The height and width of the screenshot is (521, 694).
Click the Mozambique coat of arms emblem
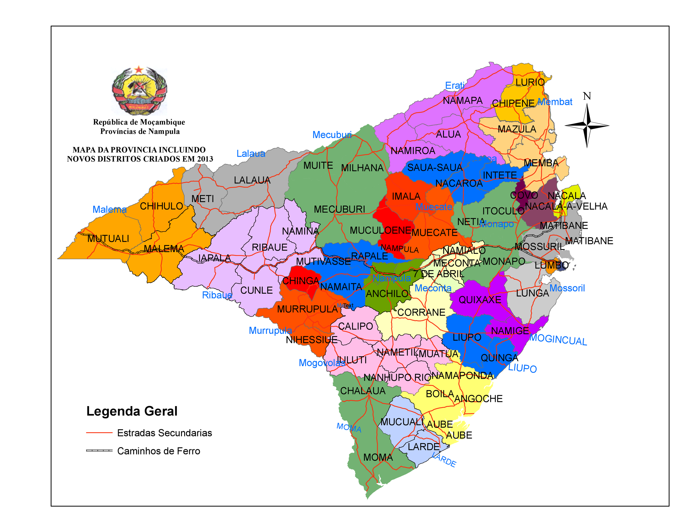pos(139,90)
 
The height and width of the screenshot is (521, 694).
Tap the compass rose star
pos(587,126)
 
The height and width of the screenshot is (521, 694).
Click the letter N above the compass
pos(587,96)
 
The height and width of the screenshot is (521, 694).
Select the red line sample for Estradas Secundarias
pos(99,433)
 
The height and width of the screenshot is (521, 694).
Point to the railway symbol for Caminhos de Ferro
pos(99,451)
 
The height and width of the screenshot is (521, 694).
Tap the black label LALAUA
pos(252,180)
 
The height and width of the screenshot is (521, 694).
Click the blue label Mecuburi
pos(332,135)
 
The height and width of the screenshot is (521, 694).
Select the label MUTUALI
pos(108,239)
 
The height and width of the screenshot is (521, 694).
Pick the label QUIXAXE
pos(480,300)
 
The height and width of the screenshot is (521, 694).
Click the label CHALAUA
pos(363,391)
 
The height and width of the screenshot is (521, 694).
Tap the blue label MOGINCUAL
pos(558,340)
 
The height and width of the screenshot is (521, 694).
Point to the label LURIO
pos(530,82)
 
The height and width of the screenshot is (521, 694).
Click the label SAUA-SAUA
pos(435,168)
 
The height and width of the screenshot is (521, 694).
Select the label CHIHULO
pos(161,206)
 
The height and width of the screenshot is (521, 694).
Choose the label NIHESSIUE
pos(312,340)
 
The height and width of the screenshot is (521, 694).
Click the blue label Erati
pos(455,86)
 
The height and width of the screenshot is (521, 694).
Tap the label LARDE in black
pos(423,447)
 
